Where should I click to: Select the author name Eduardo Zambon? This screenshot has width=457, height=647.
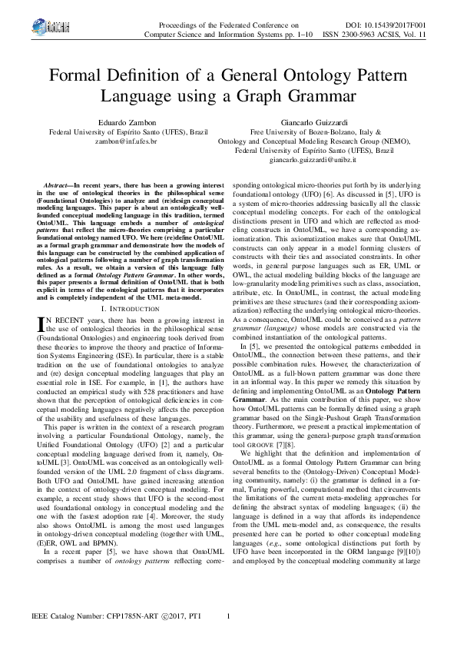127,122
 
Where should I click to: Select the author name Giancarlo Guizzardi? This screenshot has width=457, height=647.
326,122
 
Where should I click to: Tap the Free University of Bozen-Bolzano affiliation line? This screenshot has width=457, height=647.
326,132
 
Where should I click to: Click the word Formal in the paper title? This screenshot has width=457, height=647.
80,77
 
